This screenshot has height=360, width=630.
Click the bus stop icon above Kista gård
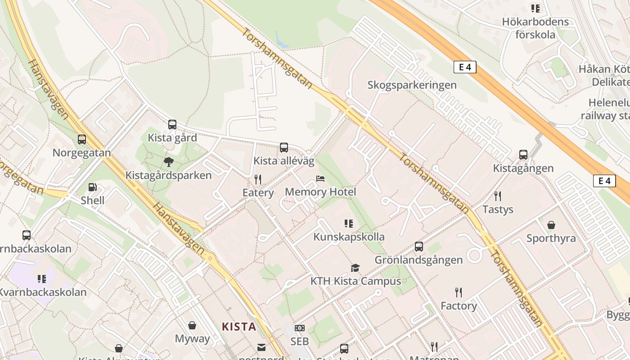pos(172,125)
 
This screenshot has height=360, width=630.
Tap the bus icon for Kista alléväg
pos(283,147)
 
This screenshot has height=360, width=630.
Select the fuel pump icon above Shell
pos(92,187)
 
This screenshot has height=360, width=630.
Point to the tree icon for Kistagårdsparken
pos(168,162)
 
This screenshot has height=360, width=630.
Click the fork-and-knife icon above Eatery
pos(258,180)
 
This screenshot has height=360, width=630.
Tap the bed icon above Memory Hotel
pos(320,179)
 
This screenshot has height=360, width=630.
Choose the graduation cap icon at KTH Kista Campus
pos(355,268)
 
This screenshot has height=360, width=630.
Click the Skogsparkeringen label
pos(412,85)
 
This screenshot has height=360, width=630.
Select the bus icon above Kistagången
pos(523,155)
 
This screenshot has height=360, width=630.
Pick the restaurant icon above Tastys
pos(497,196)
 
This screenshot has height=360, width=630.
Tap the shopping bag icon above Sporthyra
pos(551,225)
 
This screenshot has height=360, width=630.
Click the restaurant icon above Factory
pos(458,292)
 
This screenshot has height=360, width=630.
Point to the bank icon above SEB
pos(299,328)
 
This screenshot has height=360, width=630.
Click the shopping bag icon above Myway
pos(192,325)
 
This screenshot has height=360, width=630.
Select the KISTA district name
pos(239,327)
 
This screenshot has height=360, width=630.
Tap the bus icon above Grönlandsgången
pos(418,247)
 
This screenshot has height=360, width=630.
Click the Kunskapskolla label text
pos(349,237)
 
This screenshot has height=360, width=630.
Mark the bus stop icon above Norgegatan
pos(81,139)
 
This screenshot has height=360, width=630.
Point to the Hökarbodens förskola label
pos(535,28)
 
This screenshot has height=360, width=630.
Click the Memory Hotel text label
pos(320,192)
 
